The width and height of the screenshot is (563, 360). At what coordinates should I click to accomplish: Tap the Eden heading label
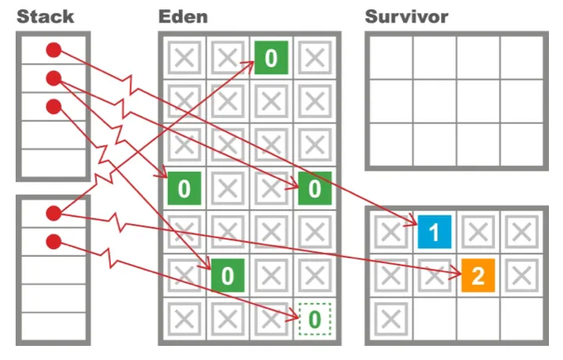click(185, 15)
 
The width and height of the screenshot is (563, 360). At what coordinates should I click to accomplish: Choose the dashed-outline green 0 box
click(314, 318)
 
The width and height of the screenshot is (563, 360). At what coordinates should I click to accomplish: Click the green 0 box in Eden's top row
click(271, 57)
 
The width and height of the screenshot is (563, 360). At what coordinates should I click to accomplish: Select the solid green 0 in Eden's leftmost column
click(184, 188)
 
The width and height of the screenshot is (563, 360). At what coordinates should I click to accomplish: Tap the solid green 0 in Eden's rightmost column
click(314, 188)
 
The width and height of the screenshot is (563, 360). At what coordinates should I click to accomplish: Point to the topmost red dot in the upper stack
click(53, 50)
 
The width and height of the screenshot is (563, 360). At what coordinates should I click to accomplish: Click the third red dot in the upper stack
click(53, 106)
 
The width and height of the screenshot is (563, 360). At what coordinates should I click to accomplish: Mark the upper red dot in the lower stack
click(53, 213)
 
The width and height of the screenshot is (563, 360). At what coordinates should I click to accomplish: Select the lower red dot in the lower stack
click(53, 241)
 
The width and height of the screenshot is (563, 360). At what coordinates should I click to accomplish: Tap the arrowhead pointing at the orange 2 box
click(455, 273)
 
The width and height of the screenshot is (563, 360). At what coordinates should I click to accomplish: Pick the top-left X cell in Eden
click(184, 57)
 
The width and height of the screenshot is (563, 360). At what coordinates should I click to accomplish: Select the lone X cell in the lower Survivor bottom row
click(389, 318)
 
